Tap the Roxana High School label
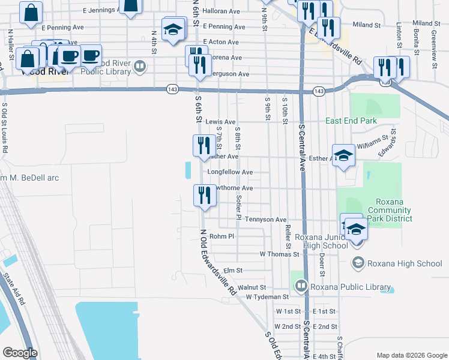pos(405,263)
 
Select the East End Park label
pos(351,121)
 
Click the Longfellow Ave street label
pos(230,172)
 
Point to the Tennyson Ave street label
pos(265,220)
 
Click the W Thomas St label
pos(279,254)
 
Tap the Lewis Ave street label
pos(220,121)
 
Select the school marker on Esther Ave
pos(343,155)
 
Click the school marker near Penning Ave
pos(173,30)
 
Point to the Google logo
pos(20,353)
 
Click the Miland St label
pos(367,25)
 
